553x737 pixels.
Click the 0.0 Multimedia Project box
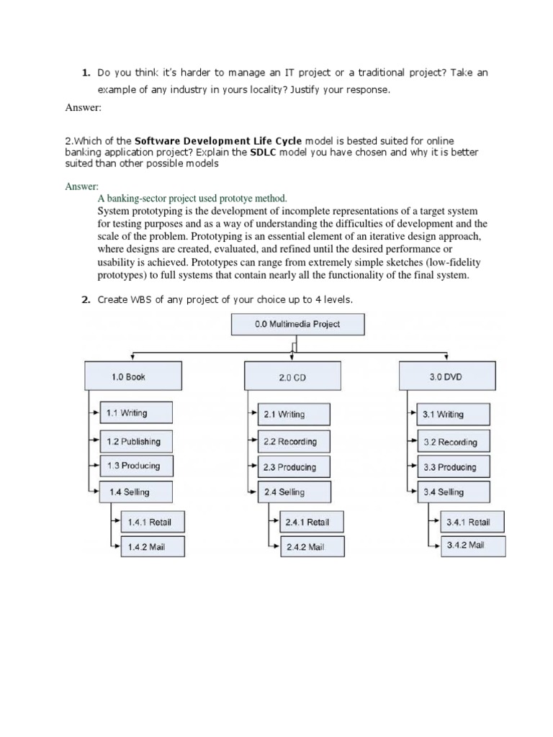pyautogui.click(x=297, y=324)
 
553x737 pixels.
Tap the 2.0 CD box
pyautogui.click(x=292, y=378)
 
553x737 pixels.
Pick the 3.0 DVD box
pyautogui.click(x=446, y=376)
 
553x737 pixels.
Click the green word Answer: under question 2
pyautogui.click(x=82, y=186)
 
